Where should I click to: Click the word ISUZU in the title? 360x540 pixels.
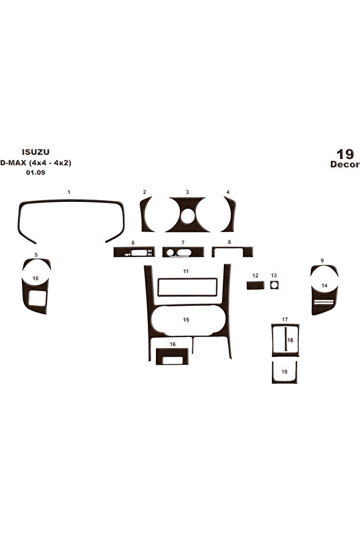[35, 151]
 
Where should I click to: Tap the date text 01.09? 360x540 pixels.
[35, 172]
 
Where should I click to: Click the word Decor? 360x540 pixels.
[344, 164]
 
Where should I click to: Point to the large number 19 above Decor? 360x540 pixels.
[345, 154]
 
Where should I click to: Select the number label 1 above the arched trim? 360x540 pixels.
[69, 192]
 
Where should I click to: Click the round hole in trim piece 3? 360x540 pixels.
[187, 216]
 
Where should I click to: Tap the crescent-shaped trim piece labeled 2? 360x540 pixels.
[144, 214]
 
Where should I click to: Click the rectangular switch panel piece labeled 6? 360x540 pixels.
[134, 252]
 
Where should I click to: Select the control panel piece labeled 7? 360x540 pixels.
[183, 252]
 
